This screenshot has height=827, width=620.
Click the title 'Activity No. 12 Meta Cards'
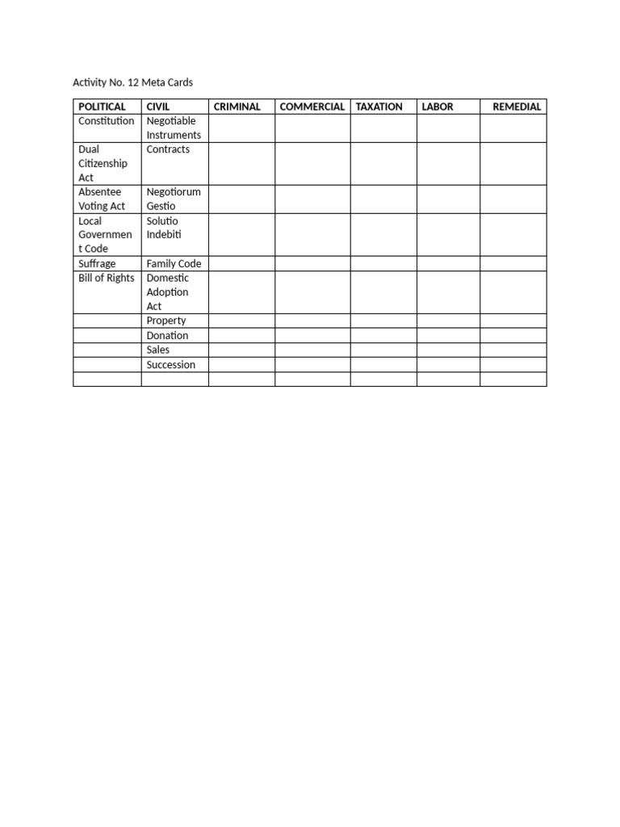click(133, 82)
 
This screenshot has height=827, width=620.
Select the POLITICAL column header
click(102, 107)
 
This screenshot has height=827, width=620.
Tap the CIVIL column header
click(158, 107)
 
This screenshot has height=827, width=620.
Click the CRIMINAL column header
click(237, 107)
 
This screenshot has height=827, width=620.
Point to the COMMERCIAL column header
click(312, 107)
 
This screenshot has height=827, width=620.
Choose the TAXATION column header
click(379, 107)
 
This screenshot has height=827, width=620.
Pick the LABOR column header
click(438, 107)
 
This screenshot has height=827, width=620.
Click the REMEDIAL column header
click(517, 107)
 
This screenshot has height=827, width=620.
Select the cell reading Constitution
click(107, 121)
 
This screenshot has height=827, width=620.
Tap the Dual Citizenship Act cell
click(103, 163)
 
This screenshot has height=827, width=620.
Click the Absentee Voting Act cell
click(102, 199)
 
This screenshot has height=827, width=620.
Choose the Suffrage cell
click(97, 263)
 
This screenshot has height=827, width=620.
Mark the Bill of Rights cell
click(107, 278)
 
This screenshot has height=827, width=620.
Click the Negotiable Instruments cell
click(174, 128)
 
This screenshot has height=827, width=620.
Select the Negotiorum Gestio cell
click(174, 199)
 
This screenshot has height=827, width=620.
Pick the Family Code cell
click(174, 263)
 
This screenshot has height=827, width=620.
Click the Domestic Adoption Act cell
click(168, 292)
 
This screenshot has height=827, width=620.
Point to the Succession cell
click(171, 364)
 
